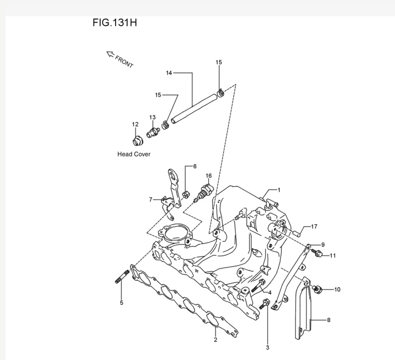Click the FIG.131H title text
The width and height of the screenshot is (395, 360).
coord(115,23)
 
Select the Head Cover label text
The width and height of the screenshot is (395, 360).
coord(134,154)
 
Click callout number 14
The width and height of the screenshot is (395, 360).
coord(169,73)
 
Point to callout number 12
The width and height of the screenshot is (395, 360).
coord(135,124)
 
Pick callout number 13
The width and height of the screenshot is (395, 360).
coord(152,118)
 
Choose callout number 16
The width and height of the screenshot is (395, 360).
coord(209,176)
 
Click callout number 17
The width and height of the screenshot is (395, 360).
coord(314,226)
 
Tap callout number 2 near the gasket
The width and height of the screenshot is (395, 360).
coord(215,340)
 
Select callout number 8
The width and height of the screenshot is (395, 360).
coord(328,320)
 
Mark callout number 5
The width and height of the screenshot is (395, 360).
coord(121,303)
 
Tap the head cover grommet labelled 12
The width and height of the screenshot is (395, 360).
coord(135,140)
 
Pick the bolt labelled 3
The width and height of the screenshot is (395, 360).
coord(265,304)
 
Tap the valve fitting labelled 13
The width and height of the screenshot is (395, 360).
coord(152,133)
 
